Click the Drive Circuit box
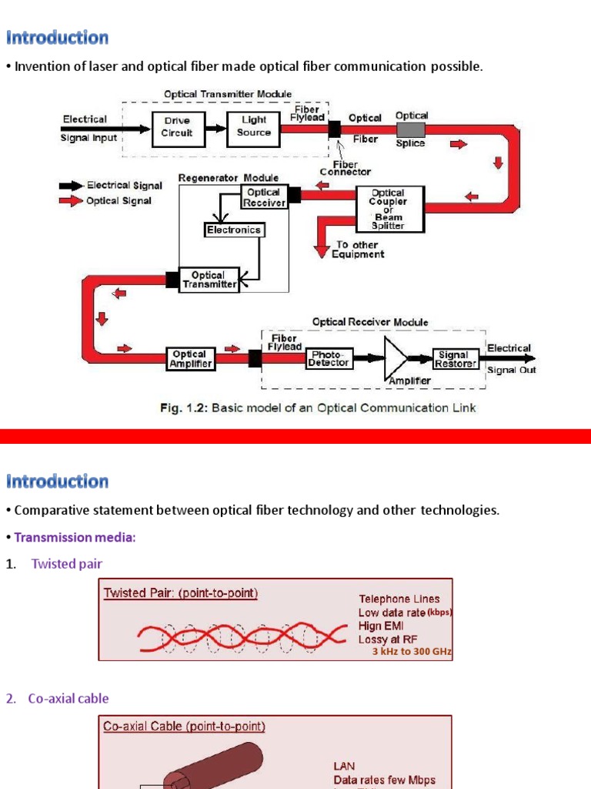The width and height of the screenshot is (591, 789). pyautogui.click(x=177, y=126)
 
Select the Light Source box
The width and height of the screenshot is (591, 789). pyautogui.click(x=254, y=126)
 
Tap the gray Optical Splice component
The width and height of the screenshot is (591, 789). pyautogui.click(x=410, y=129)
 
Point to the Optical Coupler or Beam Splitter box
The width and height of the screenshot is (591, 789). pyautogui.click(x=389, y=209)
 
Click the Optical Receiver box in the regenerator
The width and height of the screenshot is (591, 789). pyautogui.click(x=264, y=197)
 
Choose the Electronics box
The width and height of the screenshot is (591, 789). pyautogui.click(x=234, y=230)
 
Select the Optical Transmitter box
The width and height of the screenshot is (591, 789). pyautogui.click(x=209, y=280)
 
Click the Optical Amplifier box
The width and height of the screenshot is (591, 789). pyautogui.click(x=189, y=359)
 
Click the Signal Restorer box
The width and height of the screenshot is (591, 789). pyautogui.click(x=455, y=359)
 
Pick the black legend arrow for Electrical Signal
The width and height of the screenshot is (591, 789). pyautogui.click(x=71, y=186)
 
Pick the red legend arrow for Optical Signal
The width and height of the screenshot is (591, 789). pyautogui.click(x=71, y=201)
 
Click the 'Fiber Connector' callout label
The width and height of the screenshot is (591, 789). pyautogui.click(x=346, y=168)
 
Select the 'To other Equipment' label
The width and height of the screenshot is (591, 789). pyautogui.click(x=358, y=250)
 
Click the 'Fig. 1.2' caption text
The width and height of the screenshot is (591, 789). pyautogui.click(x=317, y=408)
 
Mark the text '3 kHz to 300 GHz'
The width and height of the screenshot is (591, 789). pyautogui.click(x=412, y=651)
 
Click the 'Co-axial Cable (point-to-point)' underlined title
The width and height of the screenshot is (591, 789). pyautogui.click(x=185, y=727)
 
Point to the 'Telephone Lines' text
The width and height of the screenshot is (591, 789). pyautogui.click(x=399, y=599)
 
